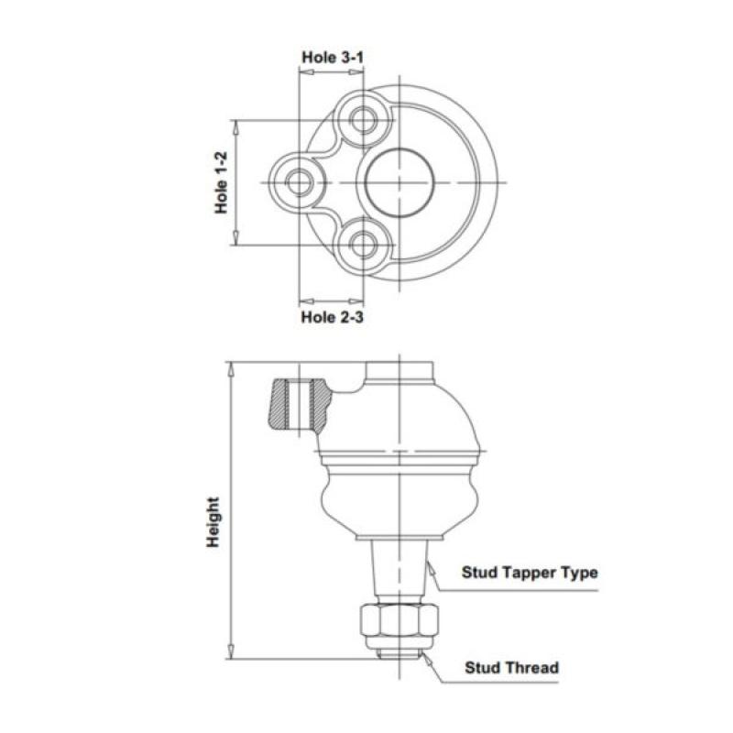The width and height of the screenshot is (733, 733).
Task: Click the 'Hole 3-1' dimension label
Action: click(x=333, y=57)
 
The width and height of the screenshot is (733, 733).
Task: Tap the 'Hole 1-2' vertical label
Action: click(x=222, y=181)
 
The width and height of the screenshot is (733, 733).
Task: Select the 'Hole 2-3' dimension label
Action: click(x=333, y=317)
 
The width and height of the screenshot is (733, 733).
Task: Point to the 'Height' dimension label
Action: click(x=213, y=522)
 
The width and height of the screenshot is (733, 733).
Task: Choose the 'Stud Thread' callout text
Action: click(x=511, y=667)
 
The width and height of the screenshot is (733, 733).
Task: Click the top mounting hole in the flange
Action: click(x=364, y=119)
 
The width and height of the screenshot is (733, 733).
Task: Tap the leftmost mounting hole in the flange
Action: click(x=299, y=181)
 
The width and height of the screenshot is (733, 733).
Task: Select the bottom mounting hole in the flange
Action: click(x=364, y=245)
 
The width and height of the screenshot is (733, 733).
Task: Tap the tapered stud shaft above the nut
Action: click(x=399, y=568)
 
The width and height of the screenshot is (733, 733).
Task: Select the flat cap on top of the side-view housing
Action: click(x=399, y=371)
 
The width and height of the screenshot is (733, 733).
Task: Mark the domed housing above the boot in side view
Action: click(x=403, y=417)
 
